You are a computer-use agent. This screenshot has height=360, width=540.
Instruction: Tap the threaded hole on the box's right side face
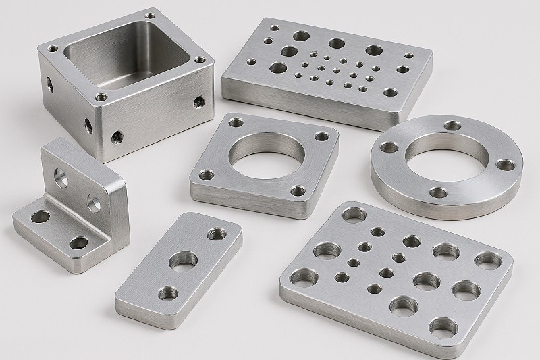click(x=198, y=103)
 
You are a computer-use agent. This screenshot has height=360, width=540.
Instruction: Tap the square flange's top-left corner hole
click(x=236, y=122)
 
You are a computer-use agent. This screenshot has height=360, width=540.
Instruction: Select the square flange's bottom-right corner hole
click(x=295, y=190)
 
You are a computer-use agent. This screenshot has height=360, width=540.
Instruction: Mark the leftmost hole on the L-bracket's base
click(x=39, y=218)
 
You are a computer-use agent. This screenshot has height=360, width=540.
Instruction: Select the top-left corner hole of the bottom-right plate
click(x=351, y=214)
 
